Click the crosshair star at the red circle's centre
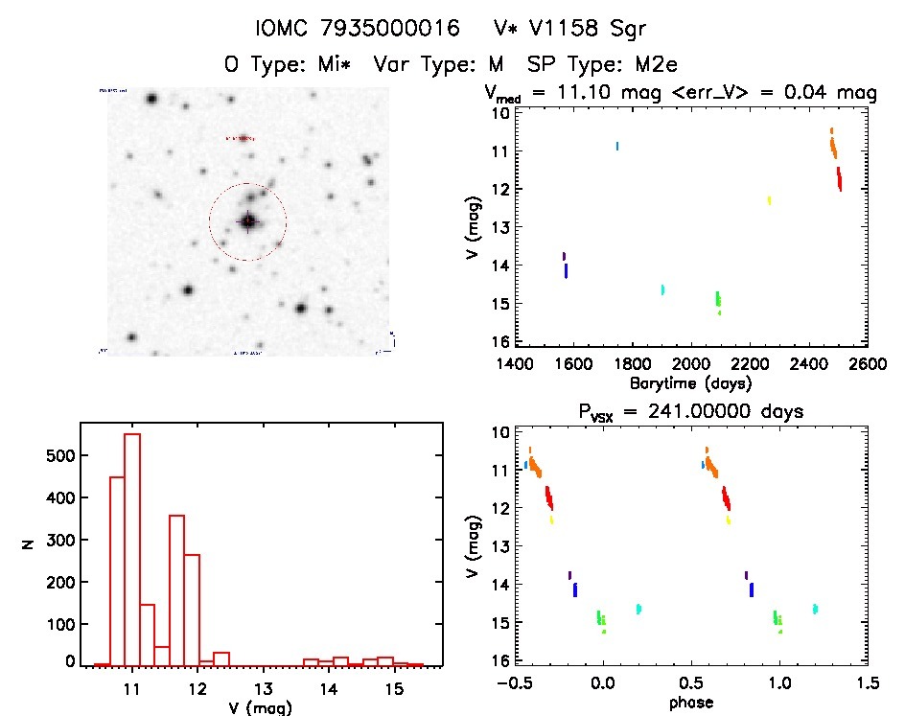tap(248, 221)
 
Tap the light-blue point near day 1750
tap(617, 146)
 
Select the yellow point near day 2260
tap(769, 200)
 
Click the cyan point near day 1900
tap(662, 289)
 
